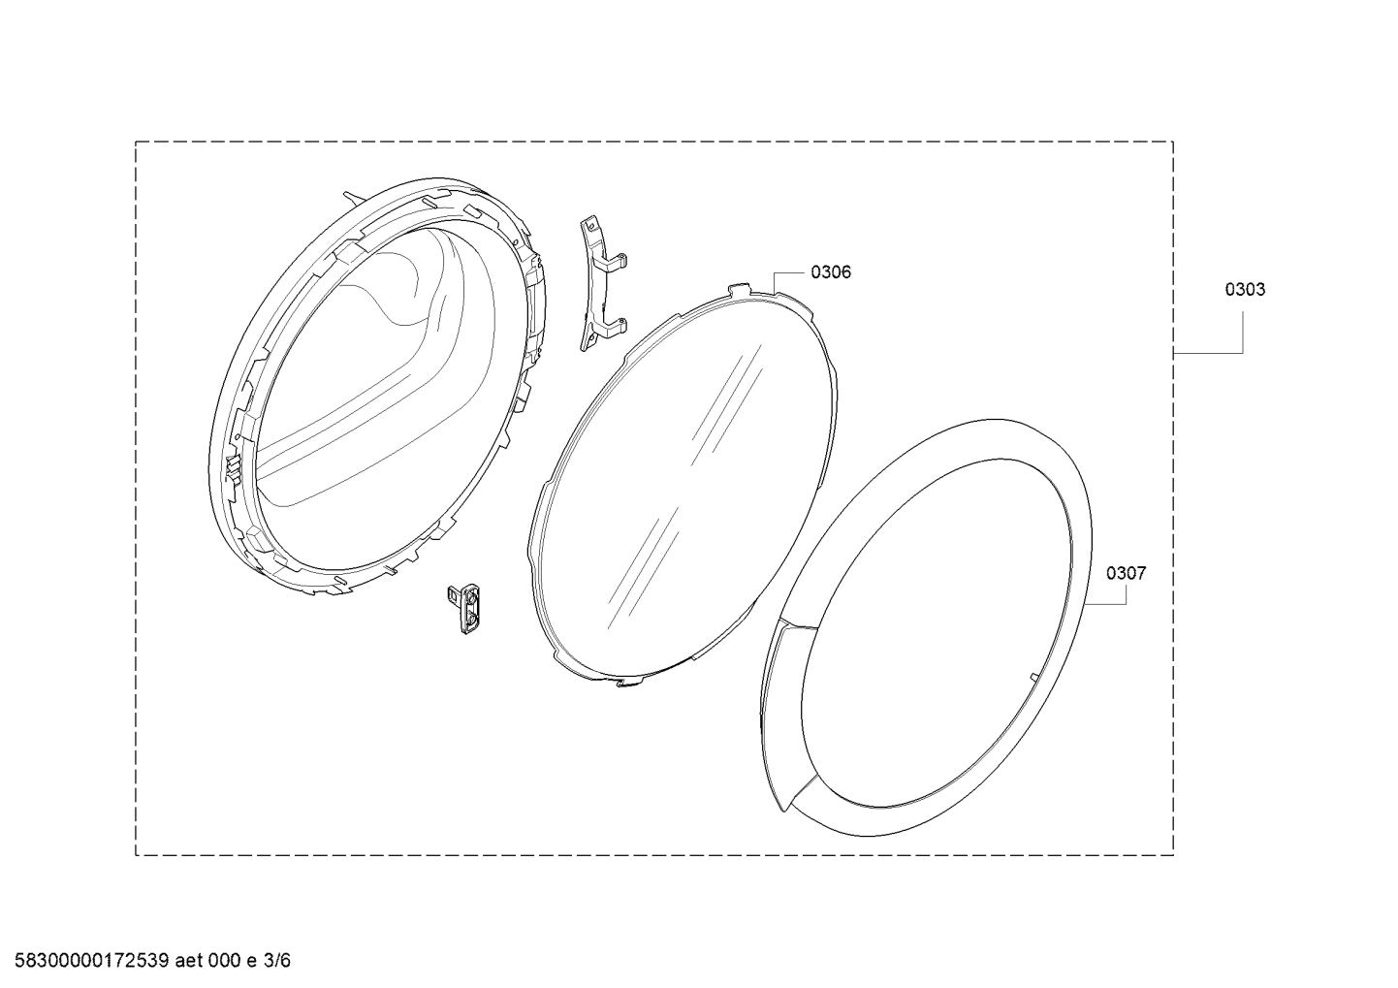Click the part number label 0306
[831, 272]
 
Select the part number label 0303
[1245, 290]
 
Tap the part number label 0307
[1126, 573]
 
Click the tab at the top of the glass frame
[740, 290]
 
